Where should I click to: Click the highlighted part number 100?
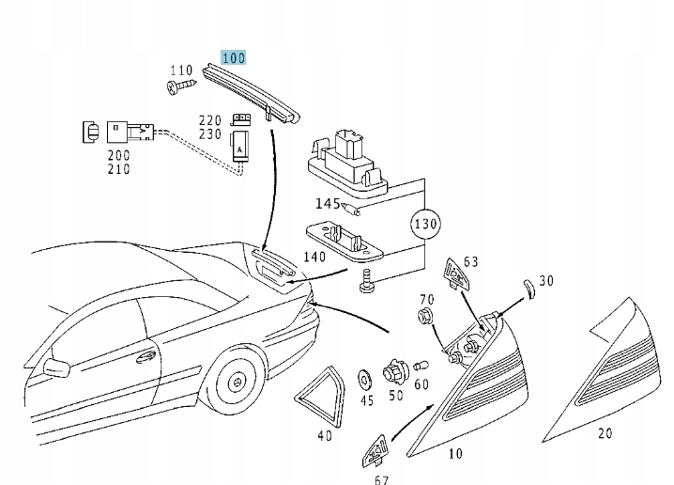[233, 58]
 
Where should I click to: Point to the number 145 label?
[328, 204]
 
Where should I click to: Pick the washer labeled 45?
[365, 379]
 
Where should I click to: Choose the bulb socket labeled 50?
[395, 368]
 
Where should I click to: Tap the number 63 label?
[470, 261]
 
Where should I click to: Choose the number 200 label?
[118, 155]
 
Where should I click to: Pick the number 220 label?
[209, 120]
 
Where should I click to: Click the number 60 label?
[421, 383]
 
